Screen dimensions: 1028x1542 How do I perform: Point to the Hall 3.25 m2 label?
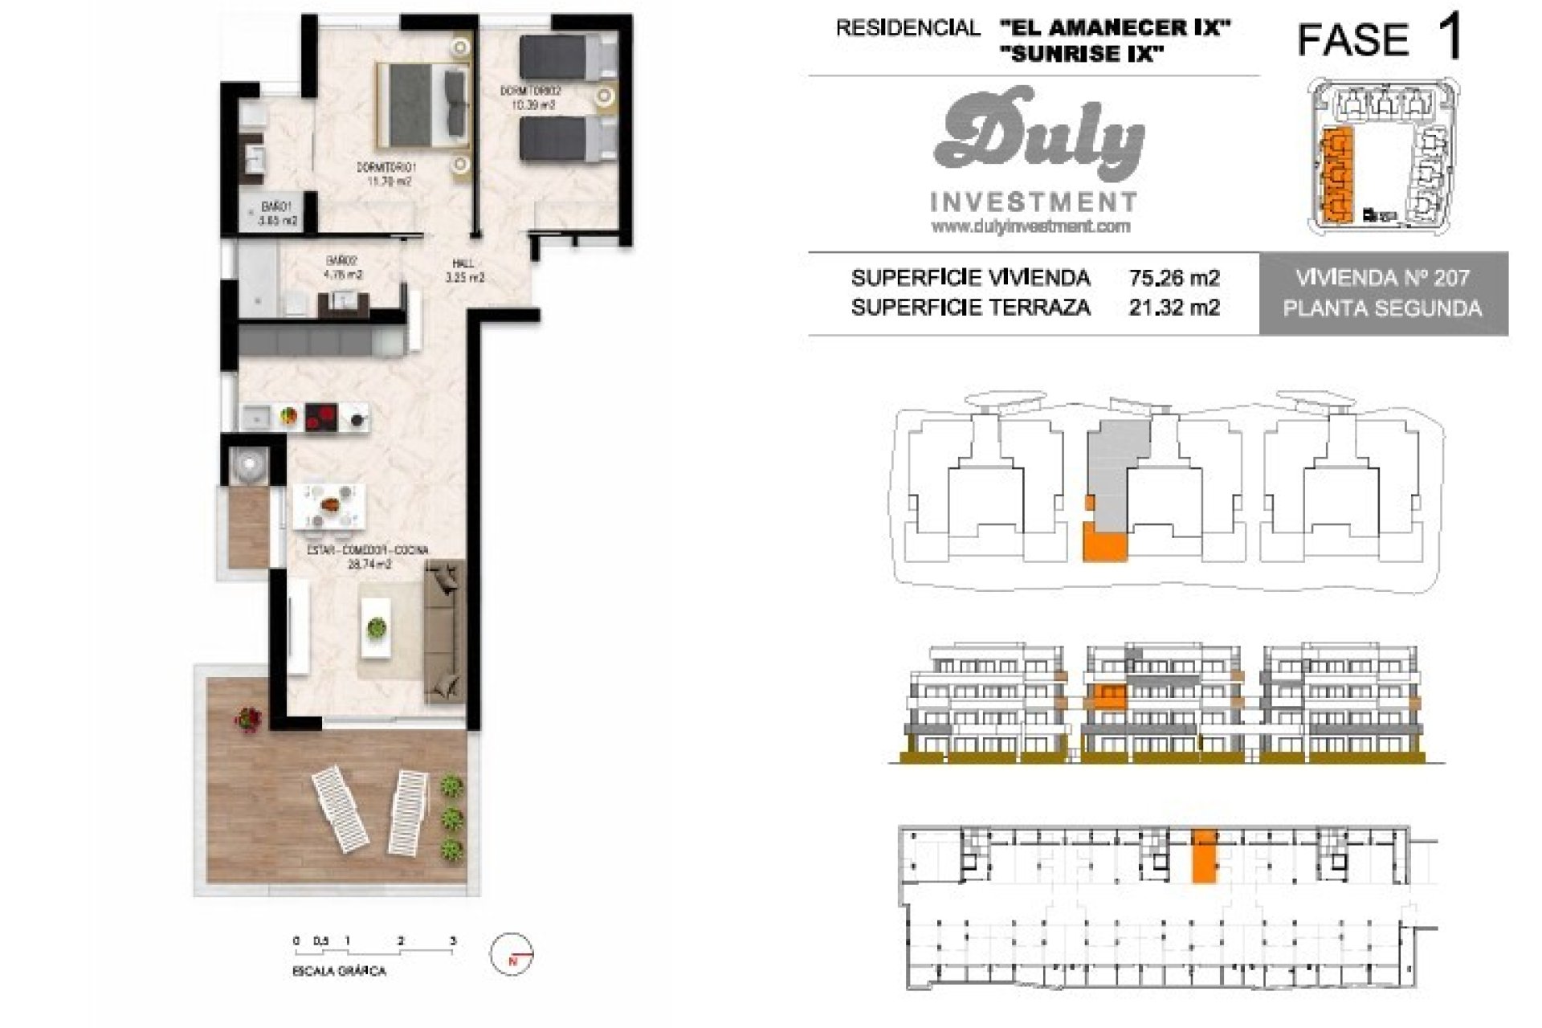coord(464,271)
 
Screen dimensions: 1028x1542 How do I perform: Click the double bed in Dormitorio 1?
coord(422,104)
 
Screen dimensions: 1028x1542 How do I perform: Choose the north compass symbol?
coord(512,956)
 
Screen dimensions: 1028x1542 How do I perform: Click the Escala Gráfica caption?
coord(339,972)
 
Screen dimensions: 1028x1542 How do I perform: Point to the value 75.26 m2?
coord(1173,279)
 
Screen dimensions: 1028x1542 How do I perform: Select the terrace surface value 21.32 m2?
coord(1173,308)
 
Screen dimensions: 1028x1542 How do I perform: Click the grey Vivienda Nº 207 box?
coord(1383,293)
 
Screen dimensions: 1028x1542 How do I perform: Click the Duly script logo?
coord(1038,137)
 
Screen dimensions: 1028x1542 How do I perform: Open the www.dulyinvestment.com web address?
coord(1030,227)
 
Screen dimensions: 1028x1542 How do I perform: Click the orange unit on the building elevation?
coord(1110,695)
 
